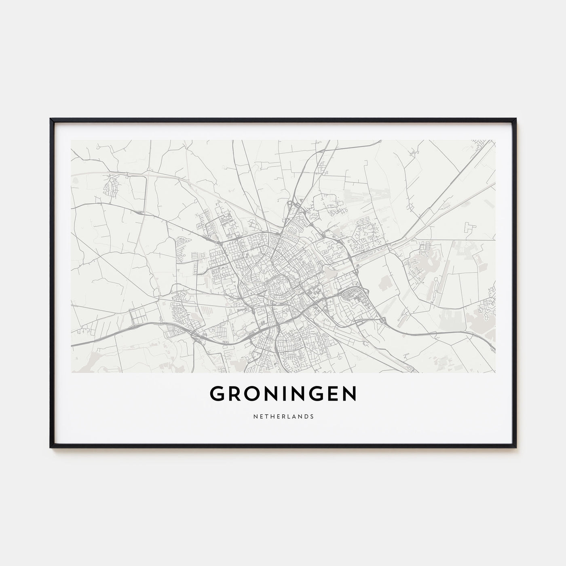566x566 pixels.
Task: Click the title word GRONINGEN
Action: pos(283,394)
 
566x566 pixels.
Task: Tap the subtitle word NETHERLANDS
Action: pos(283,416)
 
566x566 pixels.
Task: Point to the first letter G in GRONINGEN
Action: pos(217,394)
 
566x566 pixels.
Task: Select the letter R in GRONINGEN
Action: pos(235,394)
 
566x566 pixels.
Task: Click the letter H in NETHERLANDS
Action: pos(269,416)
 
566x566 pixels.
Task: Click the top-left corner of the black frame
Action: pos(51,119)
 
